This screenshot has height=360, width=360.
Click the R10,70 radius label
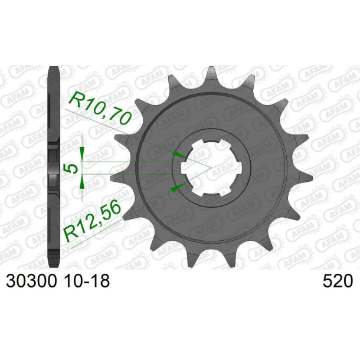pos(99,109)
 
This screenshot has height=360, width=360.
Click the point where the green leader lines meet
pos(211,168)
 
